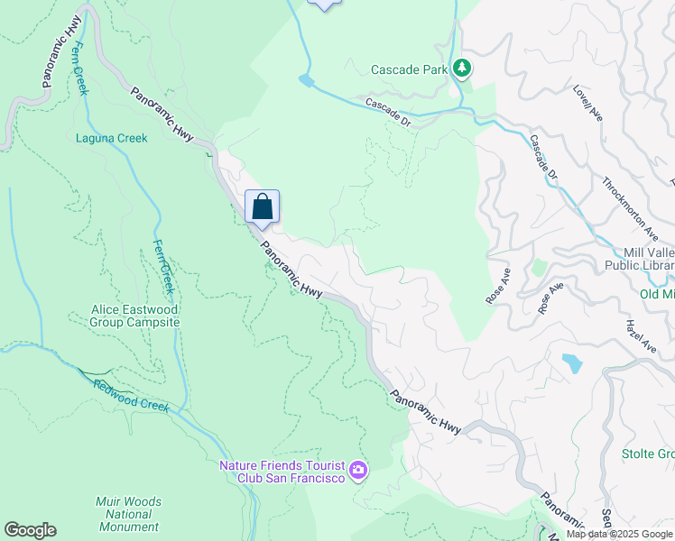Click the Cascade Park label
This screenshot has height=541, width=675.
click(x=409, y=69)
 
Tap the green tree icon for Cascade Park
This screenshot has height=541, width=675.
click(x=462, y=69)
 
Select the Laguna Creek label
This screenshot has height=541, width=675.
click(x=112, y=138)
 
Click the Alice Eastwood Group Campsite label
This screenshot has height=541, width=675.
click(x=135, y=316)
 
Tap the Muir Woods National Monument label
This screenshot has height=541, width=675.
click(x=128, y=514)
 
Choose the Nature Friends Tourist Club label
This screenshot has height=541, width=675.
click(x=282, y=472)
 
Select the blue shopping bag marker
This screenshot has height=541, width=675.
click(x=262, y=207)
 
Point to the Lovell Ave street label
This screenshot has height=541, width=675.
click(x=587, y=104)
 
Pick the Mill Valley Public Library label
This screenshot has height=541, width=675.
click(x=649, y=259)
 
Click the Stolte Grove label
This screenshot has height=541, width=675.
click(x=648, y=454)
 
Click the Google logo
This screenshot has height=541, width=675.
click(x=30, y=530)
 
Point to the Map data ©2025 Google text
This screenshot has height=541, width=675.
click(x=619, y=534)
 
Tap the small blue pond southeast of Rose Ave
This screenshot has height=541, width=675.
click(x=571, y=363)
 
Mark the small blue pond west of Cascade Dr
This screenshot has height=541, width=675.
click(x=307, y=81)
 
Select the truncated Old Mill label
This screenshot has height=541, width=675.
click(x=657, y=294)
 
